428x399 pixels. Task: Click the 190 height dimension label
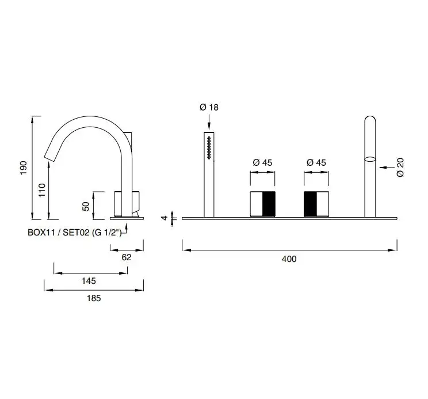pyautogui.click(x=24, y=168)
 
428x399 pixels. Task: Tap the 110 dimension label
pyautogui.click(x=42, y=190)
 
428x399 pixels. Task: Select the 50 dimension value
pyautogui.click(x=86, y=206)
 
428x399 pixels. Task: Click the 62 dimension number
pyautogui.click(x=127, y=257)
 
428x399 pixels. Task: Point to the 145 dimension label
pyautogui.click(x=89, y=281)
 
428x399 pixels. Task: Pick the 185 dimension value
pyautogui.click(x=94, y=298)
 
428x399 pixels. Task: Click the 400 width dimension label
pyautogui.click(x=289, y=259)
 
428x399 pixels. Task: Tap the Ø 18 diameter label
pyautogui.click(x=209, y=107)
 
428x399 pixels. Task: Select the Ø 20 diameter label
pyautogui.click(x=400, y=167)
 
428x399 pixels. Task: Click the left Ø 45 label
pyautogui.click(x=262, y=162)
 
